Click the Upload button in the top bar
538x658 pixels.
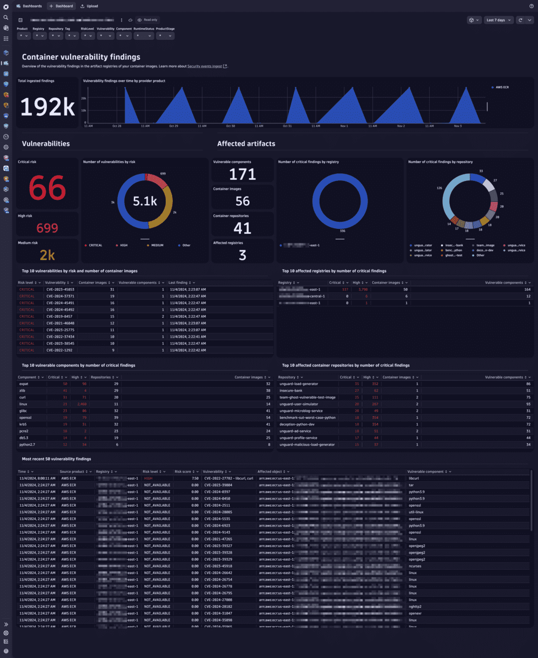coord(89,6)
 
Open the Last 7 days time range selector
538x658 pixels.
coord(495,20)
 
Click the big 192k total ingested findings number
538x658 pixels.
coord(47,107)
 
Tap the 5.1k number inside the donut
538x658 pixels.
coord(145,201)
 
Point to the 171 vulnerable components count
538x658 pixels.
coord(243,174)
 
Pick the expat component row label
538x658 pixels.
coord(24,384)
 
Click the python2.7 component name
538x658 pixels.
coord(27,445)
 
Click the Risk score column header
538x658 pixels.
coord(185,472)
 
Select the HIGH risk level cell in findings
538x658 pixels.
coord(148,478)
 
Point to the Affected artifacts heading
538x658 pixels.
coord(246,144)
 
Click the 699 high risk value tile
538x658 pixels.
coord(47,228)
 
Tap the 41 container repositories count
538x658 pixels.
coord(243,228)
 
